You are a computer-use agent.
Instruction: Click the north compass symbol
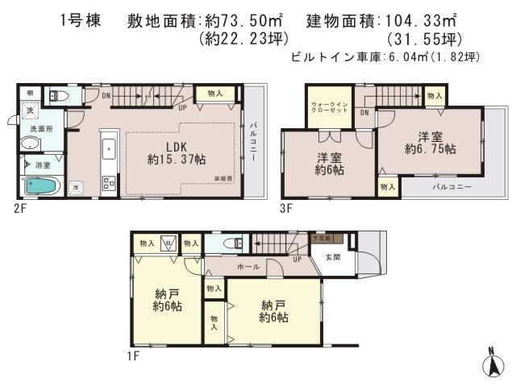tap(492, 364)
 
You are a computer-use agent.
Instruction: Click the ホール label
tap(248, 265)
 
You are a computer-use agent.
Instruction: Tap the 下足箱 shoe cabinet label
tap(321, 239)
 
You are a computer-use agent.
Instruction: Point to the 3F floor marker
tap(286, 206)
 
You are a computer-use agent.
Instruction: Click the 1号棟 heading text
tap(81, 21)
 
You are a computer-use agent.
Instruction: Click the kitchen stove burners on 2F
tap(107, 181)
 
